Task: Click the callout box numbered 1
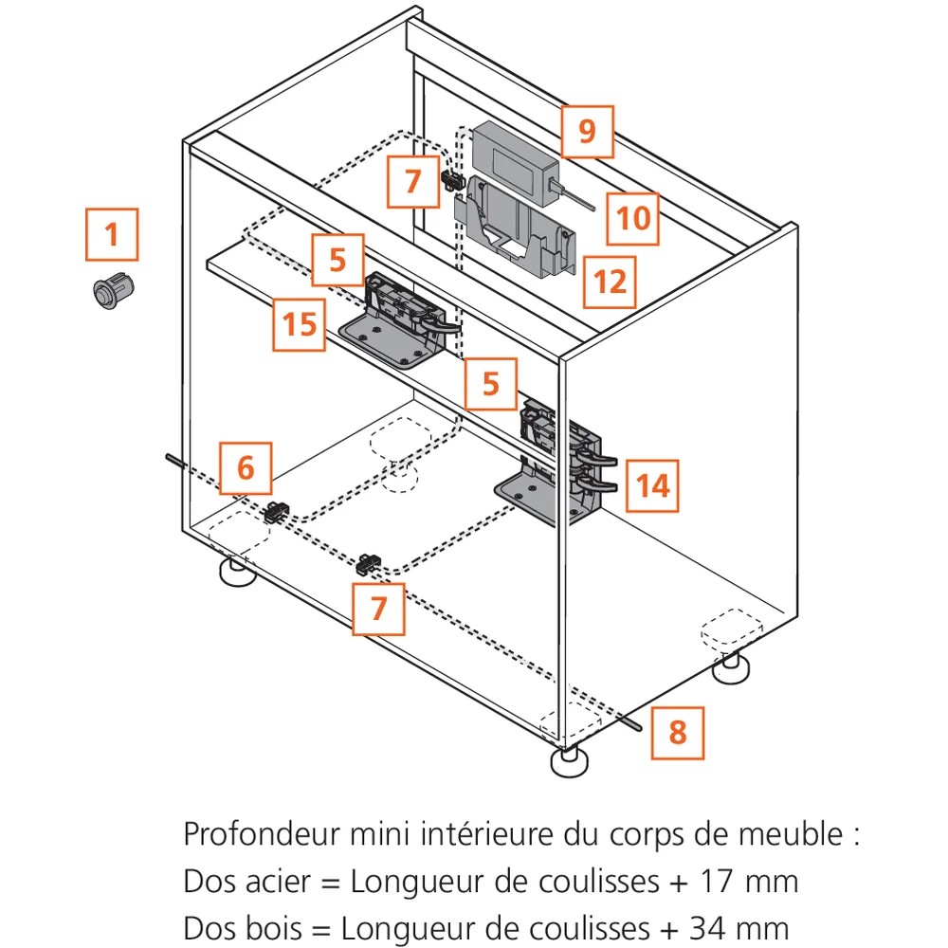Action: [112, 234]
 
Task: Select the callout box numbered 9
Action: [587, 131]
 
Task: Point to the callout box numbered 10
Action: [633, 218]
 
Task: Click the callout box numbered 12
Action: [610, 282]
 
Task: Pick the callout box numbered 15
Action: [300, 324]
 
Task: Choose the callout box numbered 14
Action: [652, 486]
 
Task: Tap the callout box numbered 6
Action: [246, 467]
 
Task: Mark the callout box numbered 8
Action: [678, 733]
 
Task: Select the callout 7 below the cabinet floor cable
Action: [378, 608]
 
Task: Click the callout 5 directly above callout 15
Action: [338, 259]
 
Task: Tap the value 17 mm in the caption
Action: [745, 881]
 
